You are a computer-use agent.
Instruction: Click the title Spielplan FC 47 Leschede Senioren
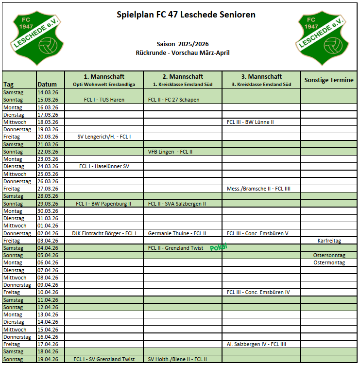click(186, 15)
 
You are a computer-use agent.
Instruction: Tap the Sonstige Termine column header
click(329, 80)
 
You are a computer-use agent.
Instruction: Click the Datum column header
click(51, 84)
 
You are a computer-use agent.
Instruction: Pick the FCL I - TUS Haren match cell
click(104, 100)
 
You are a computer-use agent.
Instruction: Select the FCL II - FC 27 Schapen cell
click(174, 100)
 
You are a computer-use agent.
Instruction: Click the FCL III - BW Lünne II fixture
click(250, 122)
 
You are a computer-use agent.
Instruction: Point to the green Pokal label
click(218, 247)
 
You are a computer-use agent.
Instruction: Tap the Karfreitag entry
click(329, 241)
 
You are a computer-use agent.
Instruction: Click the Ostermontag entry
click(329, 262)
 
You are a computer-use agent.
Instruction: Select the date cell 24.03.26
click(48, 166)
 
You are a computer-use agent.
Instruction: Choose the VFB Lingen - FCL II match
click(171, 152)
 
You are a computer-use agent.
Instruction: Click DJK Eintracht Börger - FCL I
click(104, 233)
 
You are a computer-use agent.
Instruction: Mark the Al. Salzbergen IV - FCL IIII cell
click(257, 344)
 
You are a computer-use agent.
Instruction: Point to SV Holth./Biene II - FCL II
click(177, 359)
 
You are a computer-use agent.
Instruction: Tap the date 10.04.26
click(48, 292)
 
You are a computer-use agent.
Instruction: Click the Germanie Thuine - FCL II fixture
click(177, 233)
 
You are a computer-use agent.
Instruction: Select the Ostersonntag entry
click(329, 255)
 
